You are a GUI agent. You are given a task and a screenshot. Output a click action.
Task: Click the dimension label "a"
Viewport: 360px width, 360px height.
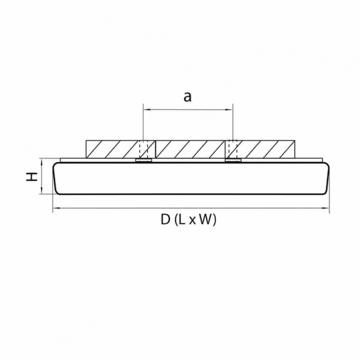pos(188,96)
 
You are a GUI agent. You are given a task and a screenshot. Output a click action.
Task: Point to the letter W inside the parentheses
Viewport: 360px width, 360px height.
pos(206,221)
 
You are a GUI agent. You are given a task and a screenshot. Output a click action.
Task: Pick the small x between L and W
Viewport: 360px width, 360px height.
pos(193,222)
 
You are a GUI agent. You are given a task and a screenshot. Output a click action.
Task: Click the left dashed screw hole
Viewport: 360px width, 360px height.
pos(144,149)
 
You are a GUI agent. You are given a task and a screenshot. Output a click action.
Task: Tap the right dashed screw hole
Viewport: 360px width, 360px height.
pos(232,149)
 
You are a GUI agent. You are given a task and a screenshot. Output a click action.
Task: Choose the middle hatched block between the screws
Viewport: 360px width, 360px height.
pos(188,149)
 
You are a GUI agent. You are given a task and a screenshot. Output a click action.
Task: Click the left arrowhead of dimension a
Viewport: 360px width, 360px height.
pos(145,110)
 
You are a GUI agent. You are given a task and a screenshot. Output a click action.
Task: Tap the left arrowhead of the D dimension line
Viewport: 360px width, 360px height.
pos(55,209)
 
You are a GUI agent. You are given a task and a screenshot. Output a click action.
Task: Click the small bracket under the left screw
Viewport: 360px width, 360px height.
pos(144,161)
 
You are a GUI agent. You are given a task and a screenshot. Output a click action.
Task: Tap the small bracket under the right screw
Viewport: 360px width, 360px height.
pos(232,161)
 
